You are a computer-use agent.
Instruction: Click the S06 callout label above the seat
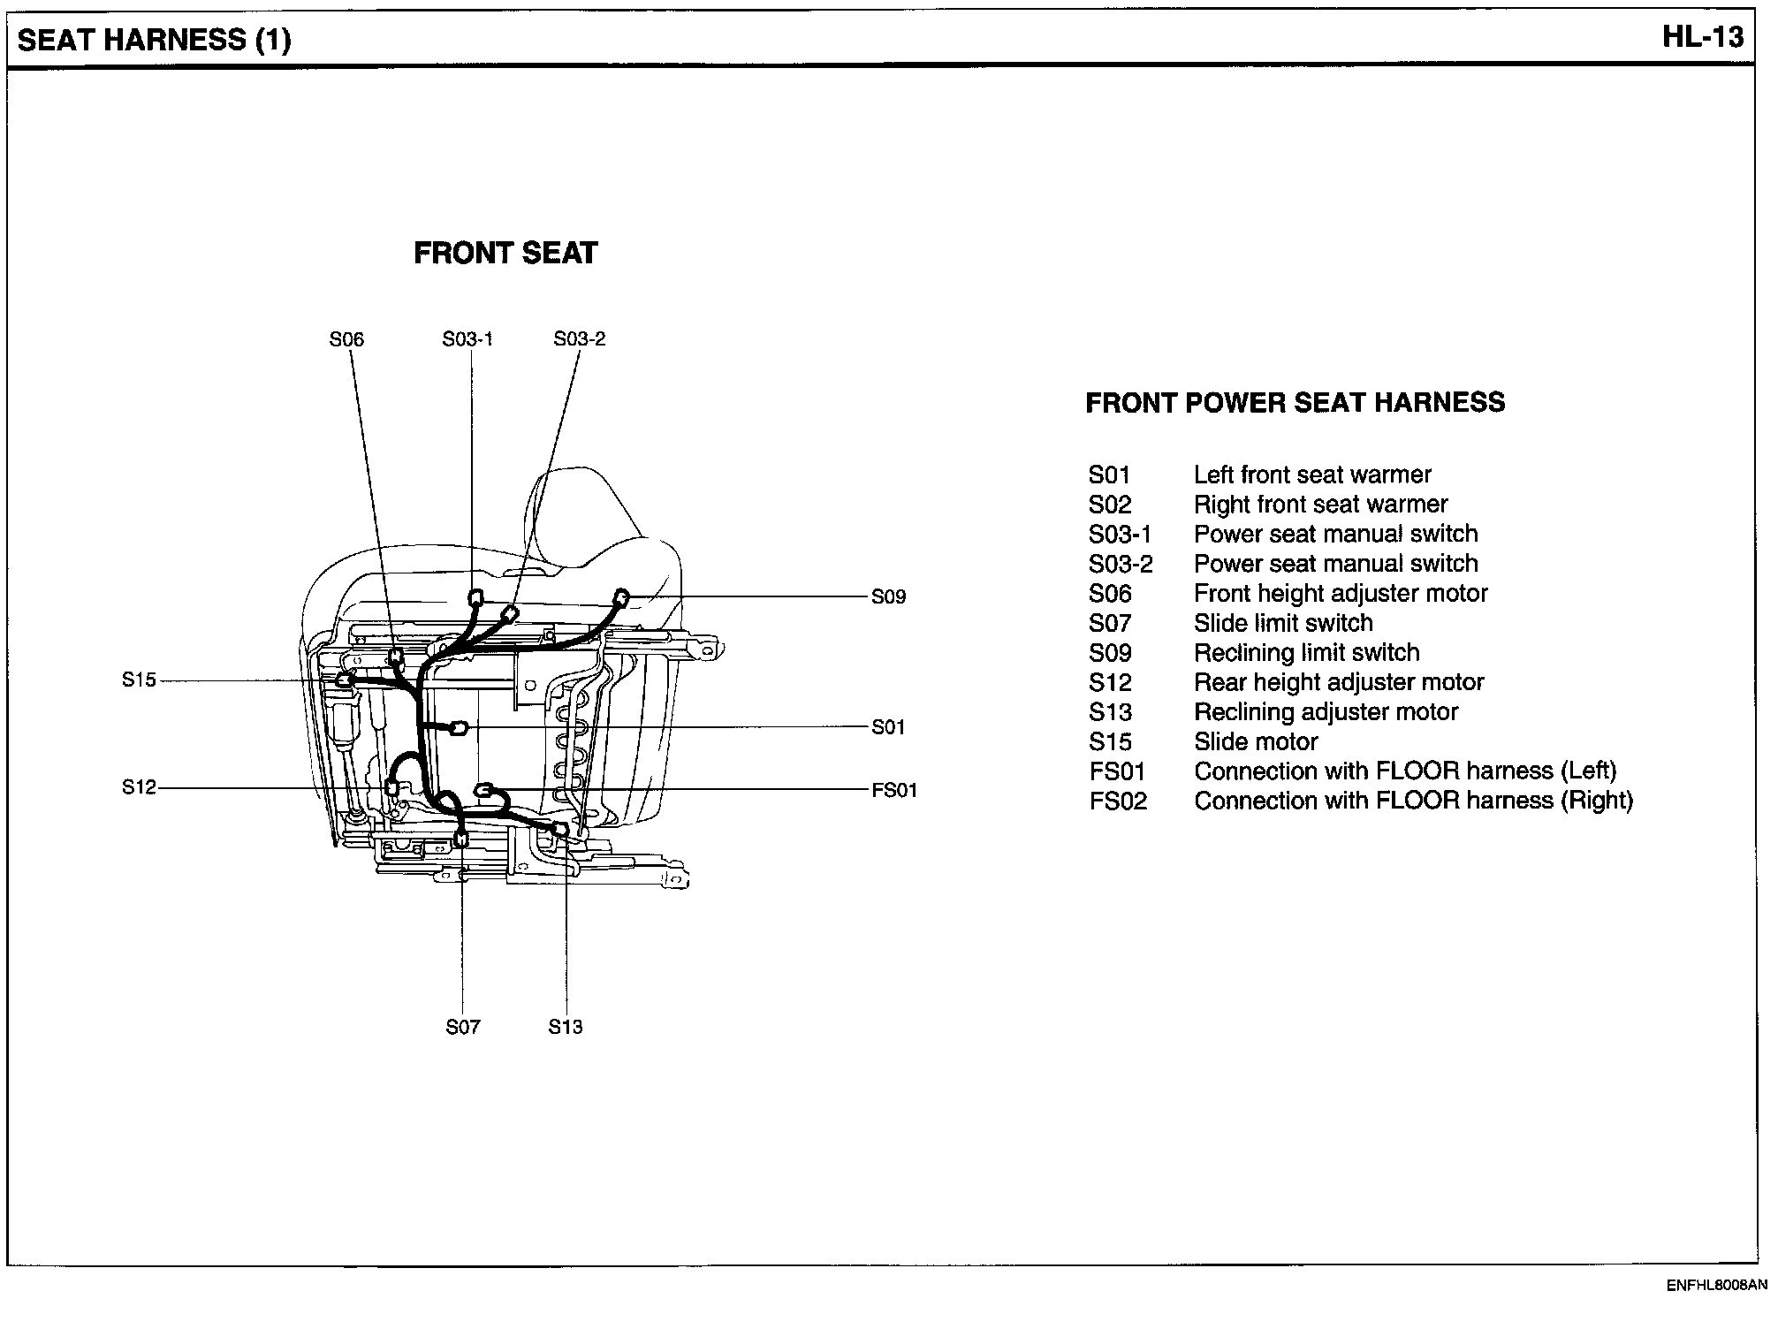[x=346, y=339]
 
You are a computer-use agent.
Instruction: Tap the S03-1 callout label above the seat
[x=467, y=339]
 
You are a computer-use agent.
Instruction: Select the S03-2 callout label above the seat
[x=580, y=339]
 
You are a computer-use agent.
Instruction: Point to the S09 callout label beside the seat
[x=888, y=596]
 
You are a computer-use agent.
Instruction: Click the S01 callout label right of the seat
[x=888, y=727]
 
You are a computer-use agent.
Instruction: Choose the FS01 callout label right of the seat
[x=894, y=790]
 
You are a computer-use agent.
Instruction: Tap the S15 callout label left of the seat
[x=139, y=680]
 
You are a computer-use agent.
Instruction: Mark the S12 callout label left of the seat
[x=139, y=786]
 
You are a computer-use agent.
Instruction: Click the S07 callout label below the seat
[x=463, y=1027]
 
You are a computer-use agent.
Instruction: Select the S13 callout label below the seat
[x=566, y=1027]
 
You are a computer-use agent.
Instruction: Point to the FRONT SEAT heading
[x=505, y=254]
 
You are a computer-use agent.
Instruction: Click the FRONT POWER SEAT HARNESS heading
[x=1295, y=403]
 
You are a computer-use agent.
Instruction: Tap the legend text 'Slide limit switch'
[x=1283, y=623]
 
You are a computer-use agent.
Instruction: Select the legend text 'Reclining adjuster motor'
[x=1326, y=712]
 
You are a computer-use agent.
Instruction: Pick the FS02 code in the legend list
[x=1118, y=801]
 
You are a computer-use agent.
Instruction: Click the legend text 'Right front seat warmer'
[x=1320, y=505]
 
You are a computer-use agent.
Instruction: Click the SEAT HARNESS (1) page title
[x=155, y=40]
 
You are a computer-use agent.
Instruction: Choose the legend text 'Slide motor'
[x=1256, y=742]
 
